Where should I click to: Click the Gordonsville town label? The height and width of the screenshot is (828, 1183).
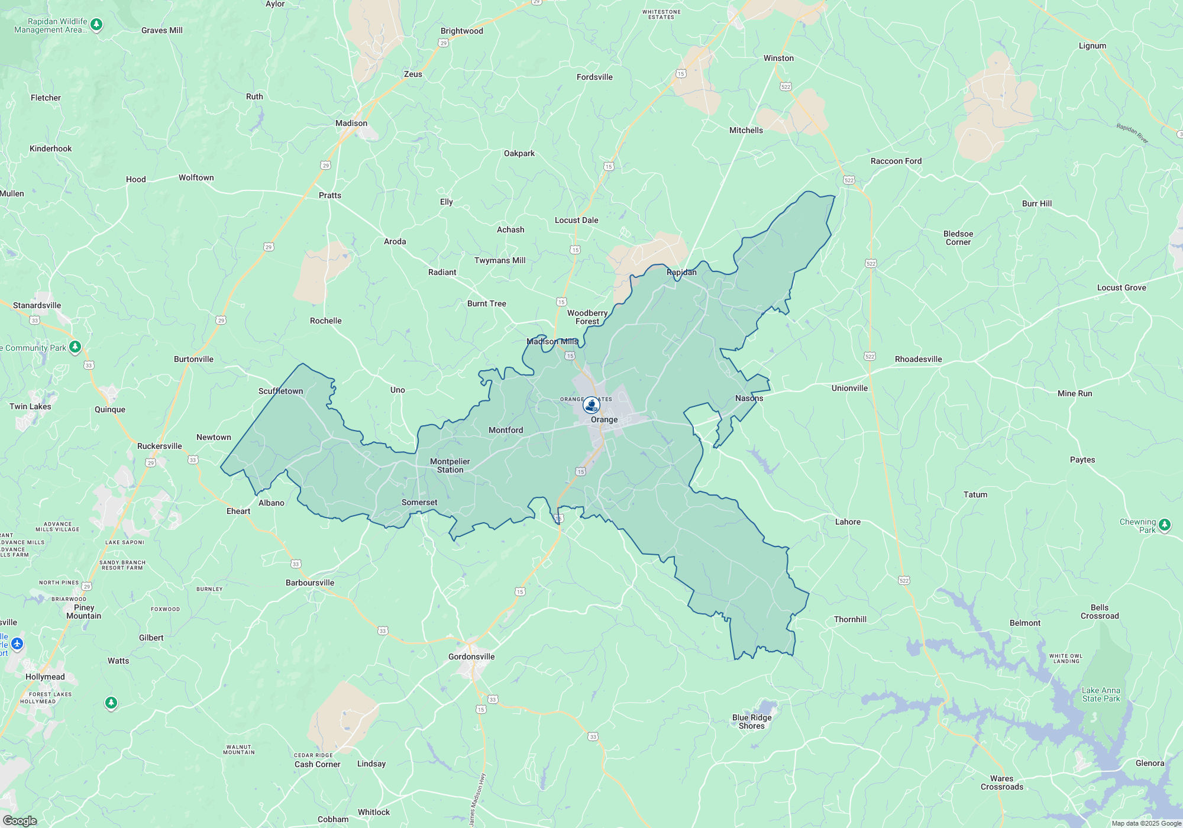tap(471, 656)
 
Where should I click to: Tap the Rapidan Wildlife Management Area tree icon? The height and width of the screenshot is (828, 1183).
tap(97, 25)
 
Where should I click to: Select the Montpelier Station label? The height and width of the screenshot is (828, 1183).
tap(450, 465)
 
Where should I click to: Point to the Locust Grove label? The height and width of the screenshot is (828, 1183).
tap(1121, 287)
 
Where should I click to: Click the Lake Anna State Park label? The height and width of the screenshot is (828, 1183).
tap(1101, 694)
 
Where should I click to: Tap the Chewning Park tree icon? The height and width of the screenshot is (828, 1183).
tap(1165, 525)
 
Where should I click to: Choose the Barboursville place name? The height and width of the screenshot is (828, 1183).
tap(310, 583)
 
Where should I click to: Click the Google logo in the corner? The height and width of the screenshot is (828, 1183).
tap(20, 821)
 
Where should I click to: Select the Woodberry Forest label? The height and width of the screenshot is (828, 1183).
tap(587, 317)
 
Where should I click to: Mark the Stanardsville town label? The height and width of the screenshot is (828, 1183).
tap(37, 305)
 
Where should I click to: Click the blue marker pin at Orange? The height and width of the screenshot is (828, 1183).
tap(591, 405)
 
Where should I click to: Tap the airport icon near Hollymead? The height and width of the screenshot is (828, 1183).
tap(17, 643)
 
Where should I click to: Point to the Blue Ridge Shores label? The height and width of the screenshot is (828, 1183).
tap(752, 722)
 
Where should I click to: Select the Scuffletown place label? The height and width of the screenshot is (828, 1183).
tap(280, 391)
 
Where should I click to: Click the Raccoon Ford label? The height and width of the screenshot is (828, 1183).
tap(896, 161)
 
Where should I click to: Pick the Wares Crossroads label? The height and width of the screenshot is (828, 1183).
tap(1001, 782)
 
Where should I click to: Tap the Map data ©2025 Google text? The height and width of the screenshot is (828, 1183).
tap(1146, 823)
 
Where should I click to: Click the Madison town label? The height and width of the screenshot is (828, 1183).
tap(351, 123)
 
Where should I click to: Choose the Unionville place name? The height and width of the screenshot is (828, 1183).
tap(849, 388)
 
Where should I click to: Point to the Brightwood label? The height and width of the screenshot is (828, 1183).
tap(461, 31)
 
